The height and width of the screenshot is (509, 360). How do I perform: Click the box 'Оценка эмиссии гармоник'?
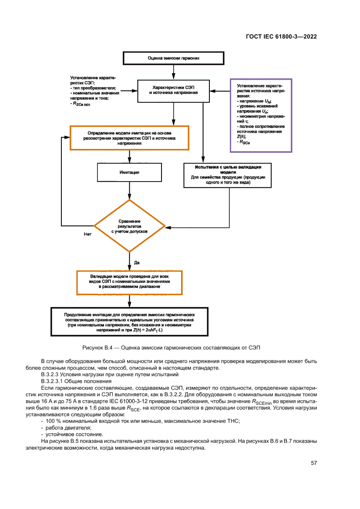[x=174, y=58]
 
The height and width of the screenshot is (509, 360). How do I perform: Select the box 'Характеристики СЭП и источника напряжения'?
[x=174, y=90]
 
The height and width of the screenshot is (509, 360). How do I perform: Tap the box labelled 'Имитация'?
[x=129, y=172]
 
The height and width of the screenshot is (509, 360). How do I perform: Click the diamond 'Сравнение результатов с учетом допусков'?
[x=130, y=226]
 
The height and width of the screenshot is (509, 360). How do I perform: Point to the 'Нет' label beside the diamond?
[x=87, y=235]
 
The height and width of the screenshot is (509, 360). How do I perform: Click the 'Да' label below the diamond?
[x=136, y=263]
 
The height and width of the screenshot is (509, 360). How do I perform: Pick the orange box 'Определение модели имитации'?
[x=129, y=138]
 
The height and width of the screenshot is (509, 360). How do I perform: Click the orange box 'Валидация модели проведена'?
[x=129, y=282]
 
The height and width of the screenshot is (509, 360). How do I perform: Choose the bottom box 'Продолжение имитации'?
[x=129, y=322]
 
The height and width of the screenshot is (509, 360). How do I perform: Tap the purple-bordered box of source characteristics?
[x=261, y=115]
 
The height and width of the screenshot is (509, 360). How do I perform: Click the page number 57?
[x=313, y=463]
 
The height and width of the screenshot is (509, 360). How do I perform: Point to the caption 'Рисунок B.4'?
[x=171, y=347]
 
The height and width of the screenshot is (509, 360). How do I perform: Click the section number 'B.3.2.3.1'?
[x=54, y=381]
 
